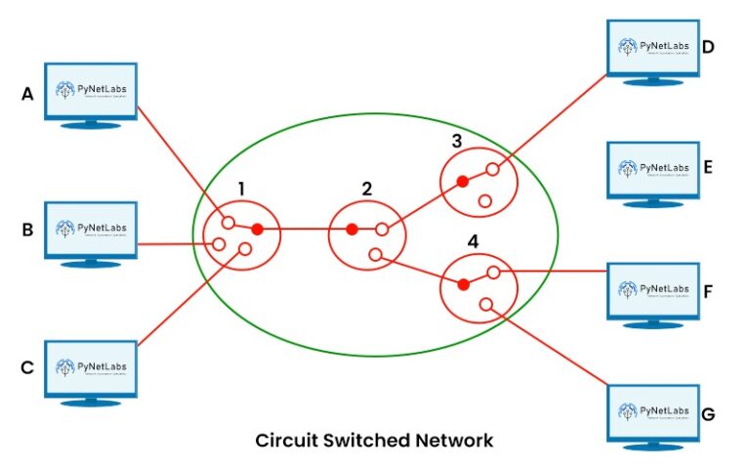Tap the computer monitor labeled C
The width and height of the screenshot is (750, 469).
pyautogui.click(x=93, y=367)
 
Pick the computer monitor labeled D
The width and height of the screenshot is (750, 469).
pyautogui.click(x=652, y=46)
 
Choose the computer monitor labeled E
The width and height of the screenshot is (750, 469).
pyautogui.click(x=652, y=168)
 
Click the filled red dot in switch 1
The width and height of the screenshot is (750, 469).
pyautogui.click(x=258, y=230)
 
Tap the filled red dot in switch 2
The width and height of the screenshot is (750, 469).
pyautogui.click(x=351, y=231)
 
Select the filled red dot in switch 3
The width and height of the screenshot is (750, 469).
pyautogui.click(x=465, y=182)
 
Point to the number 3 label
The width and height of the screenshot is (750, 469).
pyautogui.click(x=456, y=141)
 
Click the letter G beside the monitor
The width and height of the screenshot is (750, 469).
pyautogui.click(x=708, y=414)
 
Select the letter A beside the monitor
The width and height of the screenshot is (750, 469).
pyautogui.click(x=27, y=94)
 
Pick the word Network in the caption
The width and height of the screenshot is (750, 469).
pyautogui.click(x=455, y=441)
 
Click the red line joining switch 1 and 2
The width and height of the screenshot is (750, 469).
pyautogui.click(x=304, y=231)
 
